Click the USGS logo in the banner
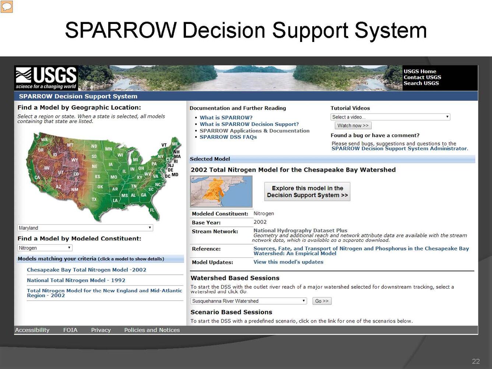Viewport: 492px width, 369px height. pyautogui.click(x=46, y=78)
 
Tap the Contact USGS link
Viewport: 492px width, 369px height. pyautogui.click(x=422, y=77)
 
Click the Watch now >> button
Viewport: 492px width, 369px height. pyautogui.click(x=352, y=126)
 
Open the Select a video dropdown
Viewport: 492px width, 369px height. pyautogui.click(x=390, y=117)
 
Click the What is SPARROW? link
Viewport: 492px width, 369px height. pyautogui.click(x=226, y=117)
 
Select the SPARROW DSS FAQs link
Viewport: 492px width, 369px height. pyautogui.click(x=228, y=137)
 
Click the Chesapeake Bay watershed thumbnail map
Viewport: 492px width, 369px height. pyautogui.click(x=221, y=191)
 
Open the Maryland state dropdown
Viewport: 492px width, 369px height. pyautogui.click(x=85, y=228)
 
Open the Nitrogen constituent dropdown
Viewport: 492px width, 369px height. pyautogui.click(x=45, y=248)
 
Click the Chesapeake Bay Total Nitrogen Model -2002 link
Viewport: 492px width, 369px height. pyautogui.click(x=86, y=270)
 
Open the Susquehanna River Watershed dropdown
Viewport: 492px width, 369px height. pyautogui.click(x=249, y=301)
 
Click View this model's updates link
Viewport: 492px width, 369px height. pyautogui.click(x=288, y=262)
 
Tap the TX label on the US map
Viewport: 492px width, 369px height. pyautogui.click(x=94, y=199)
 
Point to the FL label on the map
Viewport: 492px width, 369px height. pyautogui.click(x=152, y=210)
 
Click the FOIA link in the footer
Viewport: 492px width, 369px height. pyautogui.click(x=70, y=330)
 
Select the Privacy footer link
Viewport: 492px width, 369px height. pyautogui.click(x=101, y=330)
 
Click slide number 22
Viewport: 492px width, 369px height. pyautogui.click(x=476, y=361)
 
